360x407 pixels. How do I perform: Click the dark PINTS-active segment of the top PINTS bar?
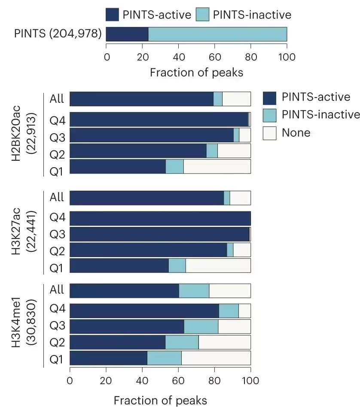127,34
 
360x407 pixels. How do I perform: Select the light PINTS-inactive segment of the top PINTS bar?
218,34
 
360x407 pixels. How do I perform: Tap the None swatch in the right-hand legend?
269,133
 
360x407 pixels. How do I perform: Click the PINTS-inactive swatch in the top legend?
202,15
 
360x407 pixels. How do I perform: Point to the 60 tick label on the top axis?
215,57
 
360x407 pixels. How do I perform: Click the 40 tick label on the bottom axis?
142,380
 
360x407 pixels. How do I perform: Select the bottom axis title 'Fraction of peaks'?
160,400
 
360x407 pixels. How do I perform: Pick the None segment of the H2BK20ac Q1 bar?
217,166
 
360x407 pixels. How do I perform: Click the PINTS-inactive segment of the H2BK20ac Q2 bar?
212,150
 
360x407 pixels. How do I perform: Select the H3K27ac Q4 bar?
160,219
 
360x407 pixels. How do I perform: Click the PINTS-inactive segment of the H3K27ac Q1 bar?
177,266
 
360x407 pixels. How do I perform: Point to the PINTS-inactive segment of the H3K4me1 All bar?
194,291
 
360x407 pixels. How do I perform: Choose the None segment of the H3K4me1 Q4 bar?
244,311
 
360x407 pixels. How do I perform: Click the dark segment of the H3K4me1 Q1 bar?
108,358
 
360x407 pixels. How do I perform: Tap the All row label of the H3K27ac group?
57,197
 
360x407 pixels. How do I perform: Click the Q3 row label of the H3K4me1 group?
57,325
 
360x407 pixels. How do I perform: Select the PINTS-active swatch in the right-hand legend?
269,98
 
